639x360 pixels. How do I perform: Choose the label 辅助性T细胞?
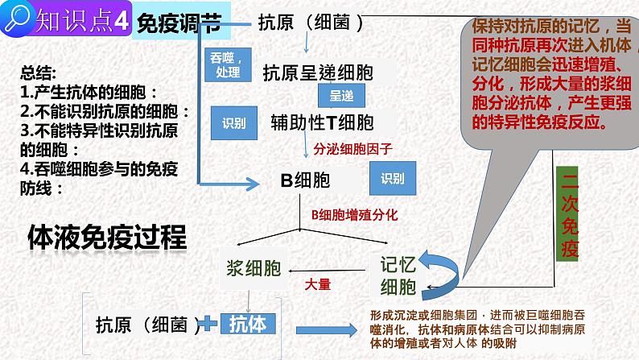pos(323,123)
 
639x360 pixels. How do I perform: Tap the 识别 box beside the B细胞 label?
pos(393,180)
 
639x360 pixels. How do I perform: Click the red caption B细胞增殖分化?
pos(354,215)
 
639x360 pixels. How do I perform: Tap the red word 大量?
pos(317,284)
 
